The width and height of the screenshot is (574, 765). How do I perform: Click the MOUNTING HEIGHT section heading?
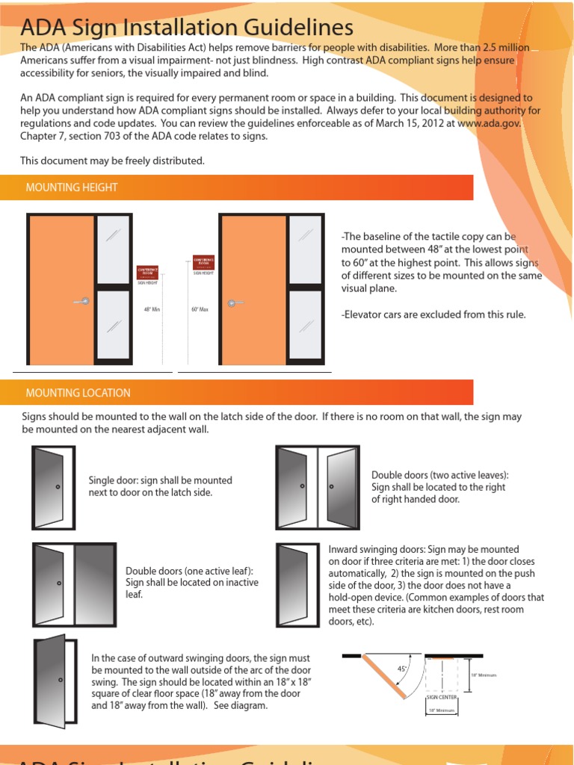(72, 188)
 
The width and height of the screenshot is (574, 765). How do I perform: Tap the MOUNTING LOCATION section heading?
(78, 393)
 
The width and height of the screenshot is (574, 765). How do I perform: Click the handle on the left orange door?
(81, 301)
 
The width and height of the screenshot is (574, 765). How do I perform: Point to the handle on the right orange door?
(235, 303)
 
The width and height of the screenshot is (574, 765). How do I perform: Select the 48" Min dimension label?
(152, 309)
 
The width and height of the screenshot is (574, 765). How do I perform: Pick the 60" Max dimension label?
(198, 309)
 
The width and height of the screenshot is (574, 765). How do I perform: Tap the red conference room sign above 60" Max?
(203, 263)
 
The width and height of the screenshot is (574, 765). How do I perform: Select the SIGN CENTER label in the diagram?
(441, 697)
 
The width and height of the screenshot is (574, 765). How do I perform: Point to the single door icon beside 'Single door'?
(53, 487)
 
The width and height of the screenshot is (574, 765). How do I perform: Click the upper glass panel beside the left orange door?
(113, 249)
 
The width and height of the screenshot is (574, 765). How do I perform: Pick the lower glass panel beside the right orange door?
(305, 325)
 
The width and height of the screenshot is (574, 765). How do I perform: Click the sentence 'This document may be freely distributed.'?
(112, 161)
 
